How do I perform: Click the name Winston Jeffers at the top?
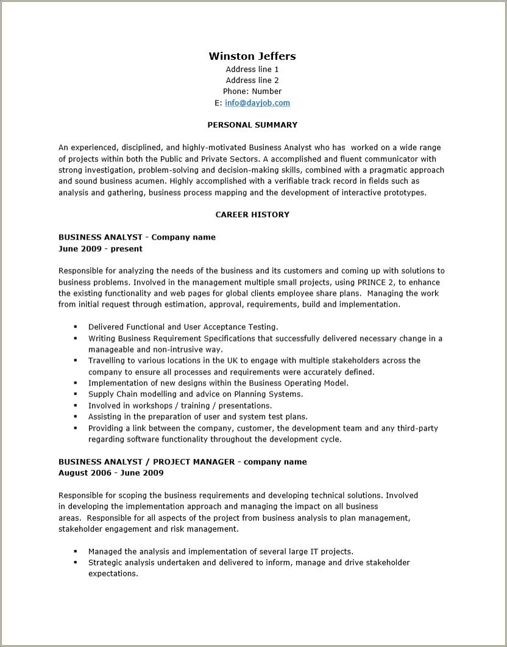pyautogui.click(x=252, y=56)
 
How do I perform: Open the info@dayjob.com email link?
pyautogui.click(x=257, y=103)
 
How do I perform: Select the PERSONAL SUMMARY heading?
pyautogui.click(x=252, y=125)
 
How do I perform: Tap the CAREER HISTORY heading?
pyautogui.click(x=252, y=215)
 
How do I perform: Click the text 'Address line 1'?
pyautogui.click(x=252, y=70)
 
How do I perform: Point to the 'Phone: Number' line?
pyautogui.click(x=252, y=91)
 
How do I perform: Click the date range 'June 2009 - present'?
pyautogui.click(x=101, y=249)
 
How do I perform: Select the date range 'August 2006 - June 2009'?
pyautogui.click(x=111, y=473)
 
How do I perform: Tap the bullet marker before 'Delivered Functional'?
pyautogui.click(x=75, y=327)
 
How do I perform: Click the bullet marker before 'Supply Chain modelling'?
pyautogui.click(x=75, y=395)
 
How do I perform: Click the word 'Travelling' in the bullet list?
pyautogui.click(x=107, y=360)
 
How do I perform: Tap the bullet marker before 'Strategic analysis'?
pyautogui.click(x=75, y=563)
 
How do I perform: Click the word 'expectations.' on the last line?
pyautogui.click(x=113, y=574)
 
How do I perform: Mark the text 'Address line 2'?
pyautogui.click(x=252, y=80)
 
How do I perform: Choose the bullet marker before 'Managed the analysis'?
pyautogui.click(x=75, y=551)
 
